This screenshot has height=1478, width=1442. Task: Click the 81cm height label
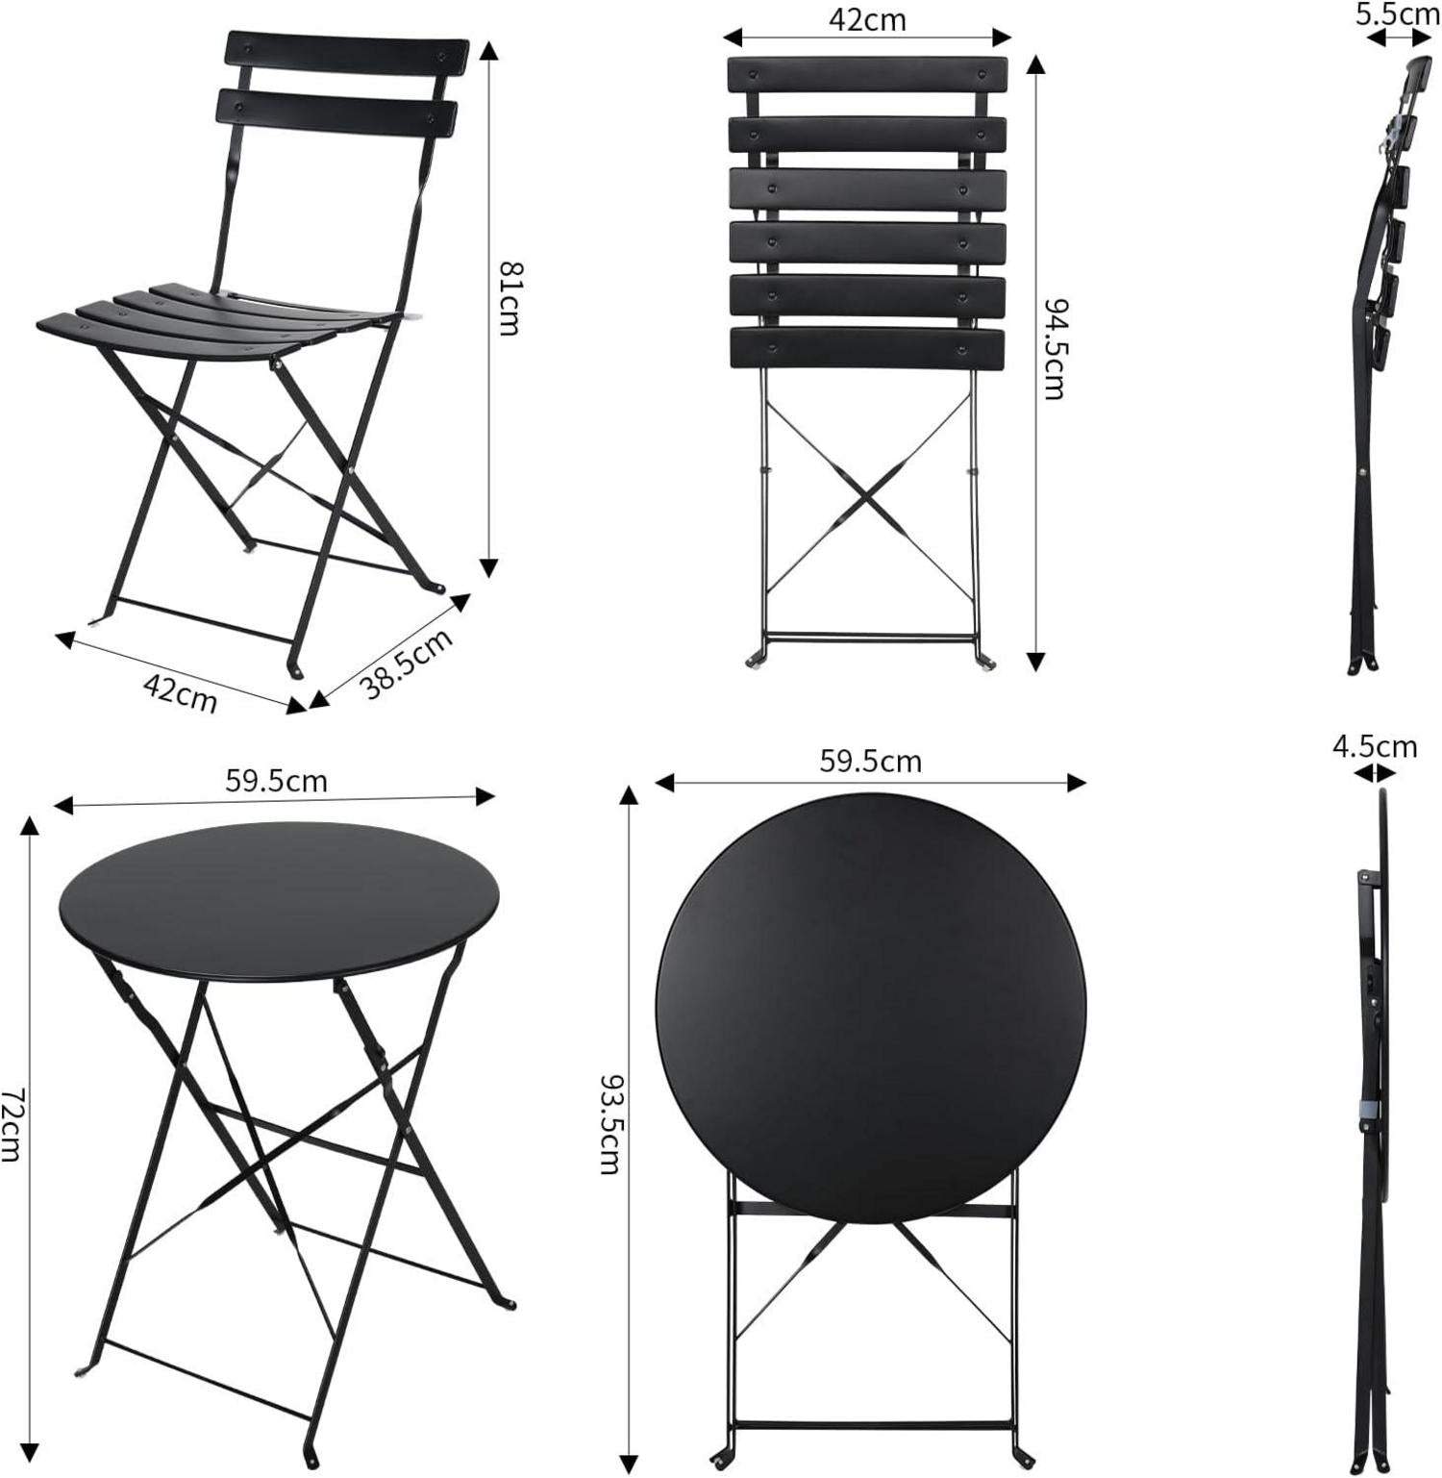point(509,297)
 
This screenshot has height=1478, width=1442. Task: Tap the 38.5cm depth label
point(406,663)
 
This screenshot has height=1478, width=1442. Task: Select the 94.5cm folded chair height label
point(1055,348)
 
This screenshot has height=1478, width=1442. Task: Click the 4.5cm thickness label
point(1375,746)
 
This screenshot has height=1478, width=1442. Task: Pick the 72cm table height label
point(11,1125)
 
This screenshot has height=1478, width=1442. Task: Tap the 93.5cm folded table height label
point(609,1124)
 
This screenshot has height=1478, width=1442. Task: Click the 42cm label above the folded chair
point(867,19)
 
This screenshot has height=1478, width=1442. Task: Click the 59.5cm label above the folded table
point(870,762)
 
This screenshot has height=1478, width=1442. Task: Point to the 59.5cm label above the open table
point(276,781)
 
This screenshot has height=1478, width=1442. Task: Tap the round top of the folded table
point(871,1009)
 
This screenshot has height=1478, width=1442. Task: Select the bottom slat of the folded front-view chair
point(867,349)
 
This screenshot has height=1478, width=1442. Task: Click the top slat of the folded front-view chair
point(868,74)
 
